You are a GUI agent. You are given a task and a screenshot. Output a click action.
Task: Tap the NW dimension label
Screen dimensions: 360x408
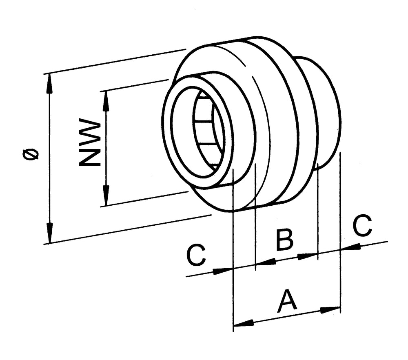point(89,142)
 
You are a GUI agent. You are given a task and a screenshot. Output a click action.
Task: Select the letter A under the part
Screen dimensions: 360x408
point(287,302)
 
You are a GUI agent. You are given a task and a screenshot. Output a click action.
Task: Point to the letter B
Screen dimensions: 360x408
point(284,240)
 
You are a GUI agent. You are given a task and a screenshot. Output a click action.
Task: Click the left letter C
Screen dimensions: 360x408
point(196,256)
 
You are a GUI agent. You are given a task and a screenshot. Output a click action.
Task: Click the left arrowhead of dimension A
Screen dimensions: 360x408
point(243,323)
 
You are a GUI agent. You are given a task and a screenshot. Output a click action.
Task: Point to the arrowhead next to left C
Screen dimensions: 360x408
point(223,271)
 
